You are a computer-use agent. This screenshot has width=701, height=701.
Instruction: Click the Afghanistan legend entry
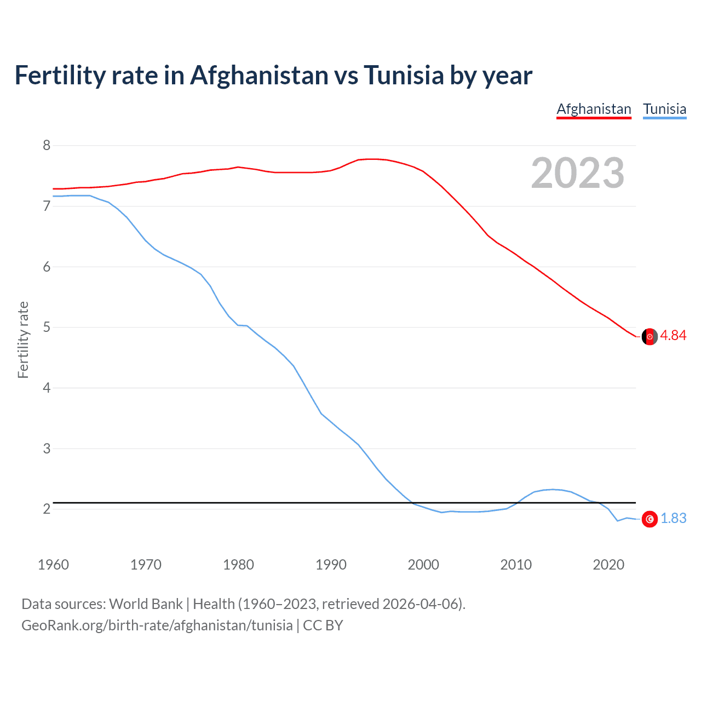pos(594,109)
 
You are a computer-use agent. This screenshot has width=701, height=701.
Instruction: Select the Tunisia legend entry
pos(664,109)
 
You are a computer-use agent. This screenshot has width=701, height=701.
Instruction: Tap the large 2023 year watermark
pos(577,173)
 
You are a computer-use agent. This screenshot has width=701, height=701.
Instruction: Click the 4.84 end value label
pos(673,336)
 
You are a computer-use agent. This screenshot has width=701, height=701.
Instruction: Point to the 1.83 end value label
pos(673,519)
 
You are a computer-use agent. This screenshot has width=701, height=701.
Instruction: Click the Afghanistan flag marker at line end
pos(650,337)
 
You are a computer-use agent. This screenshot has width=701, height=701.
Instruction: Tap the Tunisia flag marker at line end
pos(650,519)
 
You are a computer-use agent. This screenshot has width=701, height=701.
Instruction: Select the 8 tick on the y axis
pos(47,146)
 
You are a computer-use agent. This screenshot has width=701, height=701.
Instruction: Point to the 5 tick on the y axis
pos(47,327)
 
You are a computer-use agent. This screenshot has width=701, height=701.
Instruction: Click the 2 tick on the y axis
pos(47,509)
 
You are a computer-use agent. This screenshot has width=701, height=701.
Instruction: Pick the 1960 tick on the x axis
pos(53,565)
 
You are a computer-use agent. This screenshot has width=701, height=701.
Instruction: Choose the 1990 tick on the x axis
pos(331,565)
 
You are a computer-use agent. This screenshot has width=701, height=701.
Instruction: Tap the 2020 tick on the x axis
pos(608,565)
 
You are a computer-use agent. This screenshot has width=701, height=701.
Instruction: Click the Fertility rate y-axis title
pos(23,340)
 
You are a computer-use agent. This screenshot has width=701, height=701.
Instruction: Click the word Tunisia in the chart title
pos(404,76)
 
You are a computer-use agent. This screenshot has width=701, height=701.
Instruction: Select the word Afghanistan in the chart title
pos(259,76)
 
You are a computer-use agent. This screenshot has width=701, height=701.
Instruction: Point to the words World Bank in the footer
pos(146,604)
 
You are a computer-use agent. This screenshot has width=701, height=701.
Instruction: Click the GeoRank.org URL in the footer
pos(157,625)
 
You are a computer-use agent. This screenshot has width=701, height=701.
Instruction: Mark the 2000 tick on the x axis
pos(423,565)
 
